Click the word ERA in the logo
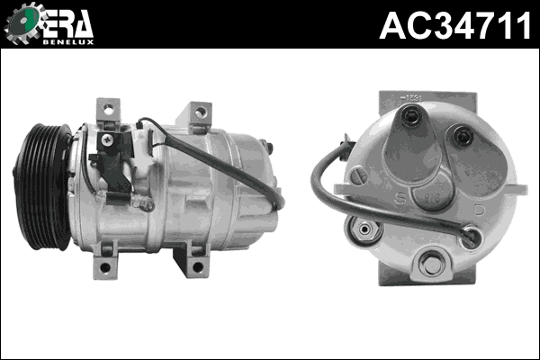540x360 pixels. click(x=67, y=22)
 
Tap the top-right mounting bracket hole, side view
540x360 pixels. click(x=200, y=112)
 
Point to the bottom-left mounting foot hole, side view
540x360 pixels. click(x=105, y=267)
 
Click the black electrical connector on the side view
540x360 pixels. click(x=112, y=166)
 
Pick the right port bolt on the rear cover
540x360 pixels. click(x=464, y=136)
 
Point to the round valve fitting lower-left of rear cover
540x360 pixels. click(x=364, y=229)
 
